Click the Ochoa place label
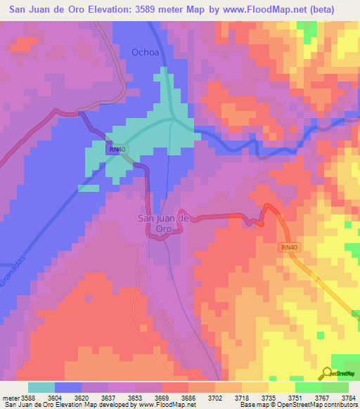pos(145,52)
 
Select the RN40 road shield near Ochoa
pos(117,150)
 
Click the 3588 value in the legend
pos(27,397)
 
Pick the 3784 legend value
pos(348,397)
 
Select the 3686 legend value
pos(188,397)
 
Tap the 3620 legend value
pos(81,397)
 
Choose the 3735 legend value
pos(268,397)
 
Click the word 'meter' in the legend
pos(10,397)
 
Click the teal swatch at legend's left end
pos(41,387)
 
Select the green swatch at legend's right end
pos(335,387)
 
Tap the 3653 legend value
pos(134,397)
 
